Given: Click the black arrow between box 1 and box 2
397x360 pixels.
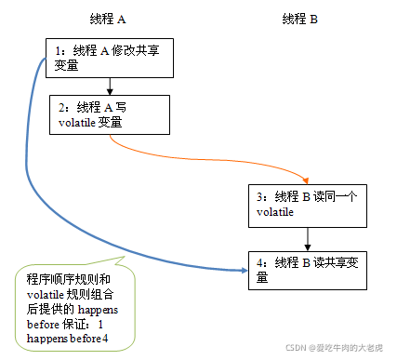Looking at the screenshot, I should [110, 86].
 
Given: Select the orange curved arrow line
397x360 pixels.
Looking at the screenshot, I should [205, 154].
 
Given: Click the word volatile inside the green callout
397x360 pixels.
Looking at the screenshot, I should [44, 294].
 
